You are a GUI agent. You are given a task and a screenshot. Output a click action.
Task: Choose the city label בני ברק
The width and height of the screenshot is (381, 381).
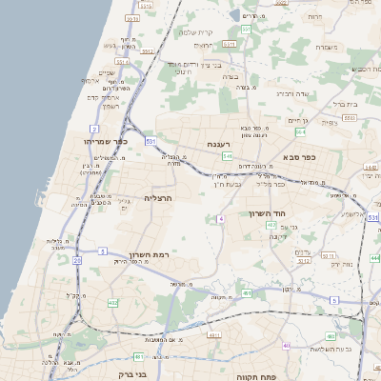tap(131, 374)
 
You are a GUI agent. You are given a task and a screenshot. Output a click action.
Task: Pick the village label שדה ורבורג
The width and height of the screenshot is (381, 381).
tap(291, 94)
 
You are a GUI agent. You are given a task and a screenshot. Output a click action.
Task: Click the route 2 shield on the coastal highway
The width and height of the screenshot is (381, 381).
tap(94, 128)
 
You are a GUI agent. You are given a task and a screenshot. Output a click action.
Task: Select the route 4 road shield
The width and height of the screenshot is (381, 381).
tap(220, 218)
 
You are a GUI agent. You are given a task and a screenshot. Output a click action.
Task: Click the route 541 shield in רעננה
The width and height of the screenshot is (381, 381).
tap(227, 155)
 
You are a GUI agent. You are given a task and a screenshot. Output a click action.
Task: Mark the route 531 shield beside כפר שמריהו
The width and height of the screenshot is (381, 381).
tap(150, 141)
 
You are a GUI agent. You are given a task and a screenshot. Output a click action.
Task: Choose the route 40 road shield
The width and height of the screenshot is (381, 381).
tap(287, 346)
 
